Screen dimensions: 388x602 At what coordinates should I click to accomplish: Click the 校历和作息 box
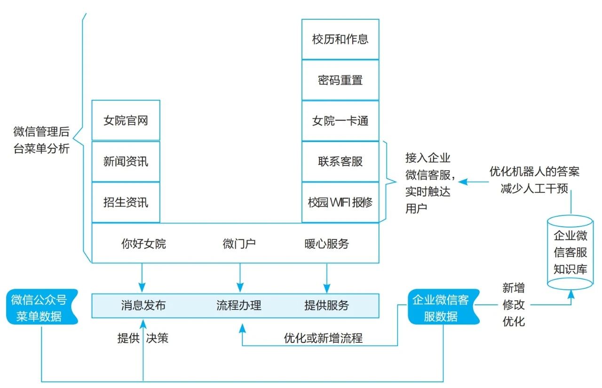click(x=340, y=39)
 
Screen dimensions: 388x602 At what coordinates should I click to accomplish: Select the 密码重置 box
click(x=340, y=80)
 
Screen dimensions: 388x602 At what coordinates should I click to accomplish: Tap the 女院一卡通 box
click(x=340, y=121)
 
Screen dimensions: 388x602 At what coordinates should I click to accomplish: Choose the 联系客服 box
click(x=340, y=161)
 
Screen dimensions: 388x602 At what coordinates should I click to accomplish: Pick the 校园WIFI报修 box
click(x=340, y=202)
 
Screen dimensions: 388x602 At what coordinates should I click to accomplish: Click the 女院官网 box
click(x=126, y=120)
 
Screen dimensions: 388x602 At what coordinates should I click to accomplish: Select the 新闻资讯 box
click(x=126, y=161)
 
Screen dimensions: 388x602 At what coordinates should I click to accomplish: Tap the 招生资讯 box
click(x=126, y=202)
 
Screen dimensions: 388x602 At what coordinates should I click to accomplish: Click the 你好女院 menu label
click(x=143, y=244)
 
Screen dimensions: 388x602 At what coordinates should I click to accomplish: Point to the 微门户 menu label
click(x=239, y=244)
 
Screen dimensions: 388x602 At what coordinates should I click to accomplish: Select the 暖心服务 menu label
click(x=326, y=244)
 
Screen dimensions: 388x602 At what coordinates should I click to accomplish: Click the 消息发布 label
click(x=143, y=305)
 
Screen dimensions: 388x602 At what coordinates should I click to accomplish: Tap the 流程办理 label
click(x=239, y=305)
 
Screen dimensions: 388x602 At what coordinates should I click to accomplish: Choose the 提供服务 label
click(x=326, y=305)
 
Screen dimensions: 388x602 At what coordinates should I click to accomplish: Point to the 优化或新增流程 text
click(x=323, y=338)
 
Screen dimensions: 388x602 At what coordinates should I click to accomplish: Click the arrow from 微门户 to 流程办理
click(x=240, y=277)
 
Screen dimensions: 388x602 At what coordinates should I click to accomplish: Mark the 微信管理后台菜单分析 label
click(x=41, y=140)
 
